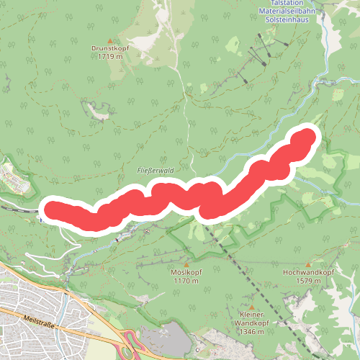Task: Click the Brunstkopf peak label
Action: pos(109,48)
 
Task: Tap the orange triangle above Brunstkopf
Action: pos(109,40)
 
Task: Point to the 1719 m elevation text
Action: pos(109,56)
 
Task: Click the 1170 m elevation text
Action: pos(186,281)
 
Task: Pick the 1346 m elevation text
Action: pos(249,332)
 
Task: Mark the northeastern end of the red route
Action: pos(307,136)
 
